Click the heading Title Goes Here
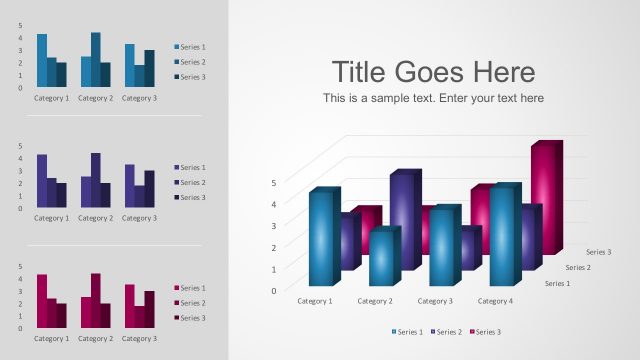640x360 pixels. point(433,72)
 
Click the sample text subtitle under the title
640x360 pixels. point(433,98)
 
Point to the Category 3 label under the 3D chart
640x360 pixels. point(435,301)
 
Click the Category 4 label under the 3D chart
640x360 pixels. point(495,301)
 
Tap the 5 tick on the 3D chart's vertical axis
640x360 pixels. point(274,182)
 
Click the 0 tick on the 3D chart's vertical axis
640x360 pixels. point(274,291)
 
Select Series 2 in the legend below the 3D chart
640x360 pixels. point(447,332)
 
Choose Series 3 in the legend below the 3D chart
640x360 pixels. point(486,332)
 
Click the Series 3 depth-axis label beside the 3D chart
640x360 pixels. point(598,252)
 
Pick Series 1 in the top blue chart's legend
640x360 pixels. point(192,47)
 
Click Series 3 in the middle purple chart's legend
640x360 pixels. point(192,197)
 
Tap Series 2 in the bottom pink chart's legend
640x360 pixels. point(192,303)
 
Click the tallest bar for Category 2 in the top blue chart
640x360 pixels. point(95,59)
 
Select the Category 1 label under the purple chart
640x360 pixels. point(52,218)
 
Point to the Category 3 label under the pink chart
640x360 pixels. point(139,338)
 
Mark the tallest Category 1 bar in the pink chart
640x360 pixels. point(42,301)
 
